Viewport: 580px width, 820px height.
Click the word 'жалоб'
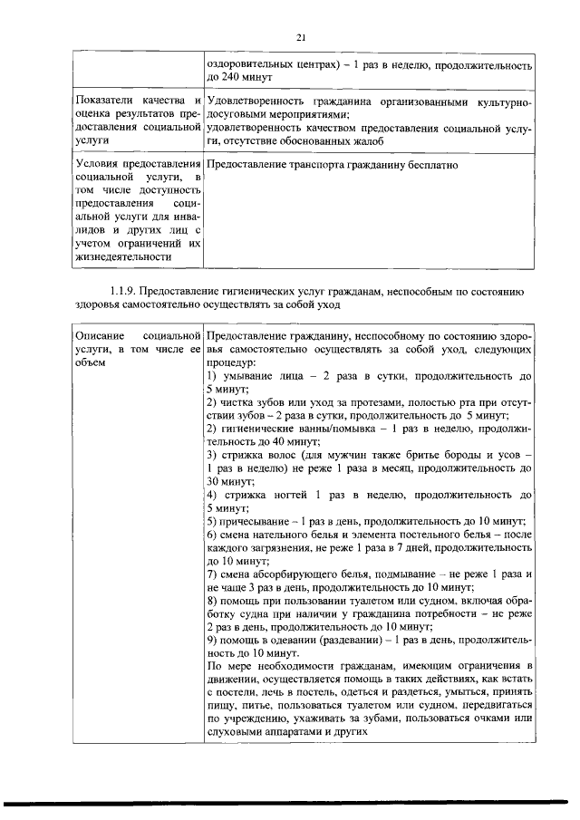[x=366, y=140]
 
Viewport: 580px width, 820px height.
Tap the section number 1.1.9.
[x=124, y=291]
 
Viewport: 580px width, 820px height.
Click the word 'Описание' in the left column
[x=100, y=335]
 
